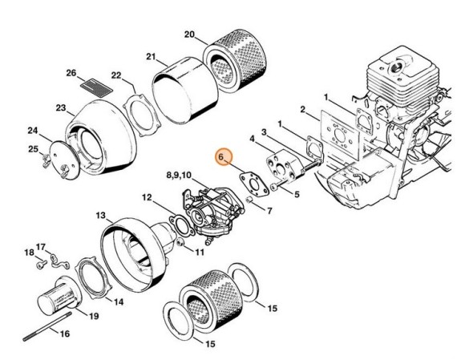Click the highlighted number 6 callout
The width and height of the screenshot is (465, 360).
point(224,159)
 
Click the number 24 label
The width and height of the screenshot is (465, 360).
point(33,130)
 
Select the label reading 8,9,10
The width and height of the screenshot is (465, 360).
point(179,173)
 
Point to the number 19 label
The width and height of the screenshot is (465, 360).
point(94,316)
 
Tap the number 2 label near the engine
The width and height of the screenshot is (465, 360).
point(302,109)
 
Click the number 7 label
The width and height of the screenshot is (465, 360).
point(269,211)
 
